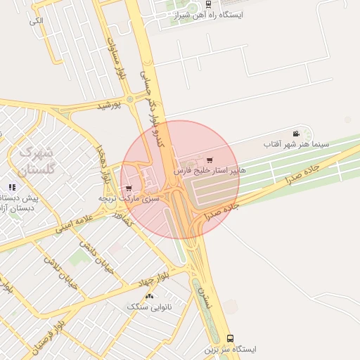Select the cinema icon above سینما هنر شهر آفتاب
pyautogui.click(x=296, y=134)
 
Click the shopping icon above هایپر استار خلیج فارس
pyautogui.click(x=210, y=160)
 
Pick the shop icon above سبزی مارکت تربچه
pyautogui.click(x=128, y=188)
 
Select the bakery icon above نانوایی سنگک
pyautogui.click(x=150, y=296)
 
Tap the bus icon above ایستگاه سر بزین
pyautogui.click(x=231, y=338)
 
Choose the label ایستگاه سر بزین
pyautogui.click(x=231, y=349)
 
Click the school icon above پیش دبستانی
pyautogui.click(x=12, y=187)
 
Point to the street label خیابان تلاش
pyautogui.click(x=60, y=274)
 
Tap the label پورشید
pyautogui.click(x=108, y=105)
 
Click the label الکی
pyautogui.click(x=36, y=21)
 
